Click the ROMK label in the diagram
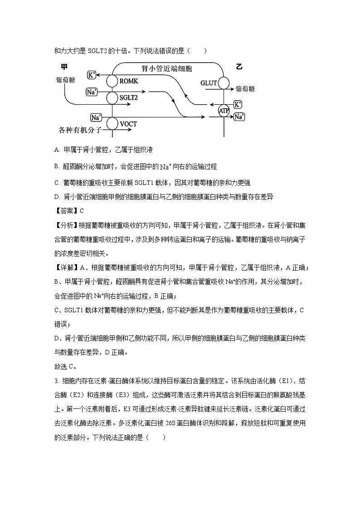129,81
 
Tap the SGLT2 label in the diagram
129,97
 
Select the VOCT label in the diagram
128,124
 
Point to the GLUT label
209,83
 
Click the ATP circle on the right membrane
224,111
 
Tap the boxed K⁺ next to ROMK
92,75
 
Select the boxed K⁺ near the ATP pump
238,105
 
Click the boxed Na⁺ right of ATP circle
239,117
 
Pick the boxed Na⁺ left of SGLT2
92,92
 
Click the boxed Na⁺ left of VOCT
96,117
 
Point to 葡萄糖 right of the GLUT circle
245,89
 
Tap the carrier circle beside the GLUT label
224,83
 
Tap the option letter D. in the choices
57,197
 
